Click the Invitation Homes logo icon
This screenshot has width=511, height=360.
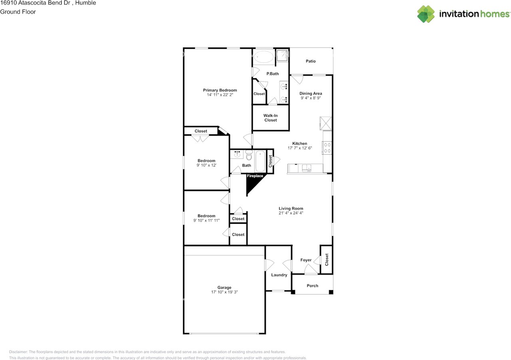pyautogui.click(x=426, y=14)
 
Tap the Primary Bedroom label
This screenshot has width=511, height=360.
pyautogui.click(x=220, y=90)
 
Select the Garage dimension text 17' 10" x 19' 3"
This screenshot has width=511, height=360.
pyautogui.click(x=224, y=292)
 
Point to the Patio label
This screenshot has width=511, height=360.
pyautogui.click(x=311, y=61)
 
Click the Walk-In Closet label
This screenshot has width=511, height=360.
pyautogui.click(x=271, y=118)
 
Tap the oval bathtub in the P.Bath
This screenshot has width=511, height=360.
pyautogui.click(x=264, y=57)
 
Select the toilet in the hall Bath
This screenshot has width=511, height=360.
pyautogui.click(x=249, y=155)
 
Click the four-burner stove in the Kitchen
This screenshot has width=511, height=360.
pyautogui.click(x=327, y=148)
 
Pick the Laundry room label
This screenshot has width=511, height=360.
pyautogui.click(x=279, y=275)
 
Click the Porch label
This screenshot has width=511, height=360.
pyautogui.click(x=312, y=286)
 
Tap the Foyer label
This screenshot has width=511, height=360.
pyautogui.click(x=306, y=260)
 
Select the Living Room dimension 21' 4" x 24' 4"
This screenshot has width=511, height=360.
pyautogui.click(x=291, y=213)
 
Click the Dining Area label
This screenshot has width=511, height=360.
pyautogui.click(x=311, y=93)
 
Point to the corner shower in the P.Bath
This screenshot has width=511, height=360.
pyautogui.click(x=282, y=56)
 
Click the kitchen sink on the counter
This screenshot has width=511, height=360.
pyautogui.click(x=307, y=168)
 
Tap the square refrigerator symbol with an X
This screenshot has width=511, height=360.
pyautogui.click(x=325, y=123)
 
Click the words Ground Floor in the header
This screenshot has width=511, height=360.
pyautogui.click(x=18, y=12)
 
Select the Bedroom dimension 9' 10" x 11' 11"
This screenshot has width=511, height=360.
pyautogui.click(x=206, y=221)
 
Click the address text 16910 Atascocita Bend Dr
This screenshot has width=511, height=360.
pyautogui.click(x=36, y=3)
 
